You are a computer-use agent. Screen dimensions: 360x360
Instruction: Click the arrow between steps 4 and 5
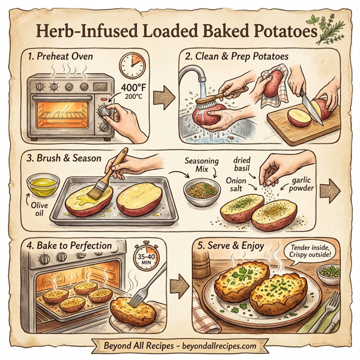(176, 282)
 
